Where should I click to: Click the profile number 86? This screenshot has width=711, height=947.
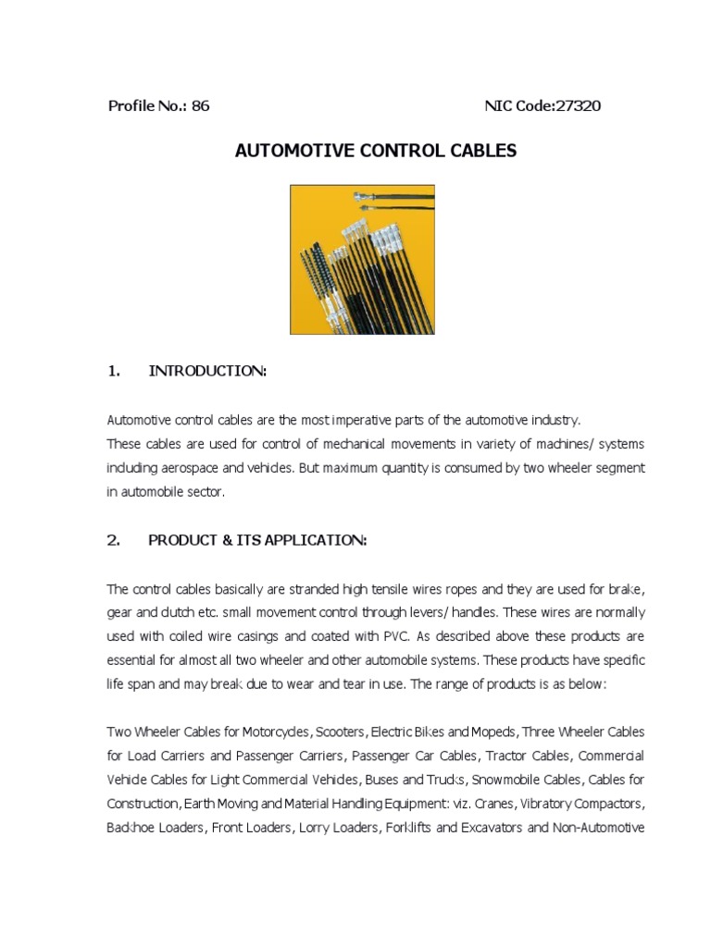[x=201, y=105]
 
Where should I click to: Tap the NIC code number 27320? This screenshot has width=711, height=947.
[x=577, y=105]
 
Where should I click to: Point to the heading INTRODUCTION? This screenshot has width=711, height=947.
[x=207, y=371]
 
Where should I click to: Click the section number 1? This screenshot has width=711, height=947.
[x=114, y=371]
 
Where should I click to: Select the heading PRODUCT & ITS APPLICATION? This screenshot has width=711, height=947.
[x=257, y=541]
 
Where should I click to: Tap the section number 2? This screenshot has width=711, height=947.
[x=114, y=541]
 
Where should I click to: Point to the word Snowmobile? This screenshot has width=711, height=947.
[x=483, y=779]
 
